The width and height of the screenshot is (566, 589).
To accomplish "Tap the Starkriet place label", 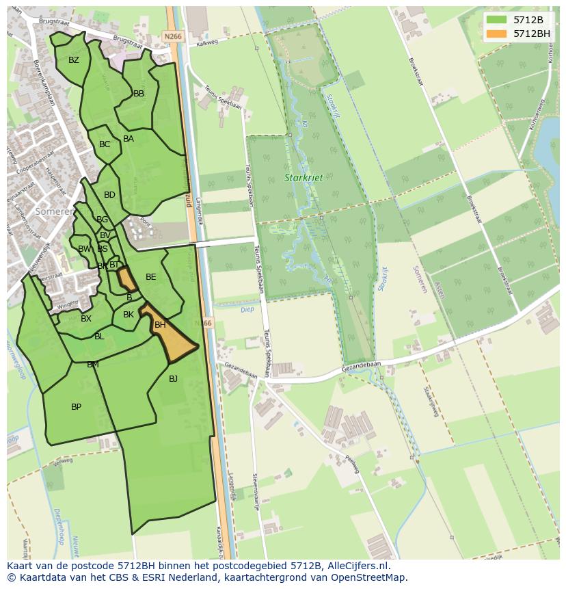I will (304, 178).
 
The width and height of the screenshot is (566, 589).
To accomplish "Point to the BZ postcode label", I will (74, 60).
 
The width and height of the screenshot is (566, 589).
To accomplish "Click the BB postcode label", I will (139, 94).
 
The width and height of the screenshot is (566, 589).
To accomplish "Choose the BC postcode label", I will (105, 144).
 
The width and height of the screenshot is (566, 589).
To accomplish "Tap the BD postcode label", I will (109, 195).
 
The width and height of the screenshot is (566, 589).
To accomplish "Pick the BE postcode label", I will (151, 277).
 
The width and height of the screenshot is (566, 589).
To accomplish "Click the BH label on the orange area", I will (160, 325).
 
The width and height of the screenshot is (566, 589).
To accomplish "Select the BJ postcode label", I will (173, 378).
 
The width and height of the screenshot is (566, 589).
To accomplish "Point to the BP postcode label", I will (76, 407).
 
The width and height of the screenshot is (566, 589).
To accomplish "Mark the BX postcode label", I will (86, 319).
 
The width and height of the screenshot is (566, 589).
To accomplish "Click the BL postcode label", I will (99, 337).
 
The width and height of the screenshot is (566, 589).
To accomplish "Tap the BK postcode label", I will (129, 315).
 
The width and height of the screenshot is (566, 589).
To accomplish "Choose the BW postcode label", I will (83, 249).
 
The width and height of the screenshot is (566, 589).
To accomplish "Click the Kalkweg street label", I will (206, 43).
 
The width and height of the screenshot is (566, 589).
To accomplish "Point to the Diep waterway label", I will (247, 309).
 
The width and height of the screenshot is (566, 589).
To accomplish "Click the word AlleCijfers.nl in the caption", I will (358, 566).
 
